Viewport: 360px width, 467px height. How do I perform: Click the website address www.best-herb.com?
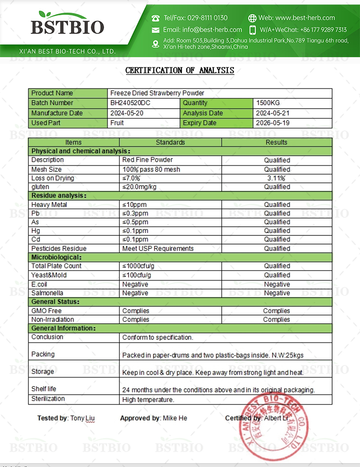pos(310,18)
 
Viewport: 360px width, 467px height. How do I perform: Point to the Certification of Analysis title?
pos(180,70)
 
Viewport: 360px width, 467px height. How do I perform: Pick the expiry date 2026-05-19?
pos(273,123)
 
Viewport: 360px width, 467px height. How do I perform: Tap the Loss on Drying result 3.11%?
pos(276,178)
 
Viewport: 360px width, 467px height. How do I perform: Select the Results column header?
pos(276,142)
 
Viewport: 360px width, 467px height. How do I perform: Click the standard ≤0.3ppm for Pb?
pos(135,213)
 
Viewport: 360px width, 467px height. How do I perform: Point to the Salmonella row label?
pos(47,293)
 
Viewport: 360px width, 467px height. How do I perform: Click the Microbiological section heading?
pos(56,257)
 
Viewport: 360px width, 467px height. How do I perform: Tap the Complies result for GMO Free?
pos(276,311)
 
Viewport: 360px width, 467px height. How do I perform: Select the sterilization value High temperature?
pos(148,399)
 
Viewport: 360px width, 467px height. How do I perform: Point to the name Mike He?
pos(175,418)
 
